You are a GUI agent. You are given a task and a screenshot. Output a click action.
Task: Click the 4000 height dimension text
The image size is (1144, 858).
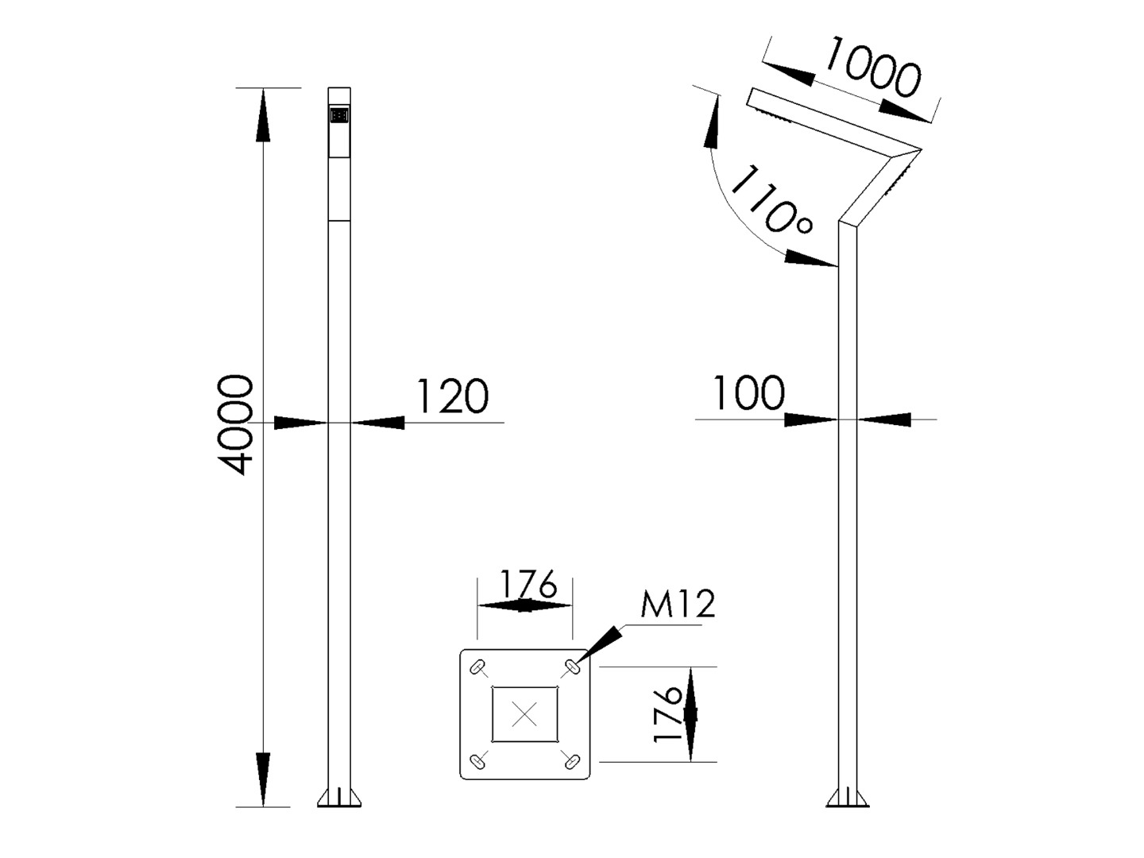[x=236, y=425]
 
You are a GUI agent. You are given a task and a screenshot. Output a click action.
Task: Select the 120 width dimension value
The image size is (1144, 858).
[x=452, y=396]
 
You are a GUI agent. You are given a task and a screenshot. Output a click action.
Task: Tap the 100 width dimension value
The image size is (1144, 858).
[x=748, y=393]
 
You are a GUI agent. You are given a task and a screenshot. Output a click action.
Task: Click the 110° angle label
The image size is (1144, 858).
[x=770, y=201]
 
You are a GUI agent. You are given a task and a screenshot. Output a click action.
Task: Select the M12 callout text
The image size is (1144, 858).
[x=678, y=605]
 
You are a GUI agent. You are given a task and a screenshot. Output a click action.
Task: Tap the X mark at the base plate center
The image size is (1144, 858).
[x=524, y=714]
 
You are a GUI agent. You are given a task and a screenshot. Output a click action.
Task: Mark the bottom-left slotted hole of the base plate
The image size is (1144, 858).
[x=478, y=761]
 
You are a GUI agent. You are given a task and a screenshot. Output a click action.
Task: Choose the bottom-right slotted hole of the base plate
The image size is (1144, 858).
[x=570, y=761]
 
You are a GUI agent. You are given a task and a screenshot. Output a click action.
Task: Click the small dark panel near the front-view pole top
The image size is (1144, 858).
[x=339, y=116]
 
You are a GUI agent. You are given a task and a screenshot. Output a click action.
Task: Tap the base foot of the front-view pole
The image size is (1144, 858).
[x=339, y=798]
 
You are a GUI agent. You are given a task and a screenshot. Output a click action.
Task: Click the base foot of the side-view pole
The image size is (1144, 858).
[x=848, y=798]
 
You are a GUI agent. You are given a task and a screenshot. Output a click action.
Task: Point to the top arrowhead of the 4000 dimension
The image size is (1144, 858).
[x=263, y=115]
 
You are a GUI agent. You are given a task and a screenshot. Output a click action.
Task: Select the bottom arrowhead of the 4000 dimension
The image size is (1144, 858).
[x=263, y=779]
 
